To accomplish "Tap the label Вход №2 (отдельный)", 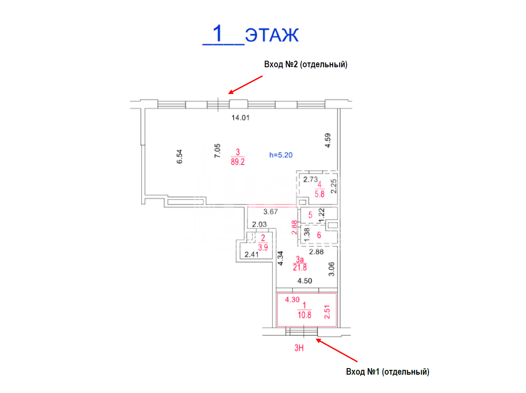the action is tap(306, 64).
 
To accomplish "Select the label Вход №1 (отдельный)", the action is tap(387, 372).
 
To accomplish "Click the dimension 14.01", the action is tap(240, 118).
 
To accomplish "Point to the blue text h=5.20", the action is tap(281, 155).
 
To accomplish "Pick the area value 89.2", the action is tap(237, 162).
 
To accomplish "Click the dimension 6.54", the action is tap(179, 156).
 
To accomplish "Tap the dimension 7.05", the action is tap(217, 151).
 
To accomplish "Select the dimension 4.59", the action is tap(327, 141).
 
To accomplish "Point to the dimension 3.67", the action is tap(270, 212).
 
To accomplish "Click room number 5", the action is tap(310, 215).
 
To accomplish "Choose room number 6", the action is tap(319, 235).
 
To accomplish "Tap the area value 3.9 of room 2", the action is tap(263, 247).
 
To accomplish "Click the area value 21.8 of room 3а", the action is tap(300, 267).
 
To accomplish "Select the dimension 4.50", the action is tap(305, 281).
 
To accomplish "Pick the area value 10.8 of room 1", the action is tap(304, 315).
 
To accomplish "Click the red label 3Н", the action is tap(299, 348).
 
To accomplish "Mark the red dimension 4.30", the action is tap(292, 300).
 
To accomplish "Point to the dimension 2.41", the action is tap(251, 255).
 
